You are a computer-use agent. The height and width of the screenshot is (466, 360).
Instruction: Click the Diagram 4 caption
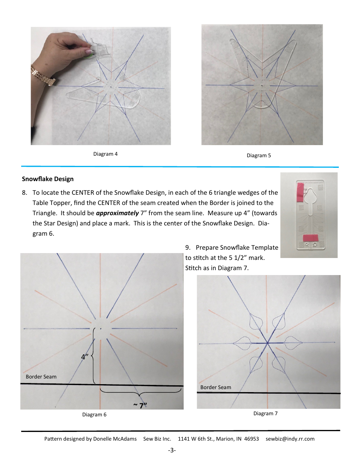[105, 154]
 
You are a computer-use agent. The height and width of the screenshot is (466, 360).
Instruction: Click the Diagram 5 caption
[259, 155]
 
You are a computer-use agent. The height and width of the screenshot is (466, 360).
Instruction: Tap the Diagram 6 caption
[94, 414]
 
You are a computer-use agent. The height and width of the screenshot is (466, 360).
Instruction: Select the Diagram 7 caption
[265, 413]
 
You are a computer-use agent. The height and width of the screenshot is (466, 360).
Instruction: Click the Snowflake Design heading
[48, 179]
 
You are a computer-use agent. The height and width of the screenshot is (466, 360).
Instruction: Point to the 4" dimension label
[85, 357]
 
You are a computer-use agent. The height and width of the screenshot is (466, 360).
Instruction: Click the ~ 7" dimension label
[140, 405]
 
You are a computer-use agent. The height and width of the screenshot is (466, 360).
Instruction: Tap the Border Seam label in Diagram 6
[41, 377]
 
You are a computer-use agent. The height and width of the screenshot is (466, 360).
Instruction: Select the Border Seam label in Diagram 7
[216, 387]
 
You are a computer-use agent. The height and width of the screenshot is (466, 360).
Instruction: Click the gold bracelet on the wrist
[42, 76]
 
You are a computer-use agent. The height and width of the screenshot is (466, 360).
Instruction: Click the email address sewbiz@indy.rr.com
[290, 439]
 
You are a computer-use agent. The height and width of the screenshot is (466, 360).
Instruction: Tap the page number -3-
[172, 450]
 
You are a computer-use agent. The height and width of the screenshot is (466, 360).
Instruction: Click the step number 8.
[24, 192]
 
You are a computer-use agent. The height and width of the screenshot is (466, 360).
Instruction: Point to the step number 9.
[188, 247]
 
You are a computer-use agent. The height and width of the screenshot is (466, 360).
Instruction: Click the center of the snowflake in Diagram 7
[268, 343]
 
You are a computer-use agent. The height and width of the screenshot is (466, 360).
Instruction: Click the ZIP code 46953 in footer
[251, 439]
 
